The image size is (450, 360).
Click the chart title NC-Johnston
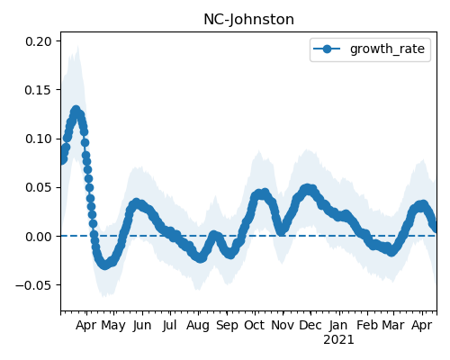[248, 20]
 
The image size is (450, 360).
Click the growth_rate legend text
[387, 49]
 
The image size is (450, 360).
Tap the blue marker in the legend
[327, 49]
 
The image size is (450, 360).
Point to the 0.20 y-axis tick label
[39, 41]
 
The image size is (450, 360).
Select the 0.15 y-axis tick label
[39, 90]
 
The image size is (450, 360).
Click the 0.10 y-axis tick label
[39, 139]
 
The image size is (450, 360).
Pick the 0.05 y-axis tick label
[39, 187]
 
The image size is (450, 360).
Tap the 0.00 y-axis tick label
[39, 237]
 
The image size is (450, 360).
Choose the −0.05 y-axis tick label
[34, 285]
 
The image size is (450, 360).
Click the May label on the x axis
[113, 326]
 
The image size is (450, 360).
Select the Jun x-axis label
[142, 326]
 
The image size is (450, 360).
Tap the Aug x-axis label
[198, 326]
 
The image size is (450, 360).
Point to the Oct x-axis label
[254, 325]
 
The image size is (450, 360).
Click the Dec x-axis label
[310, 325]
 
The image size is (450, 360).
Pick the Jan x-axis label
[338, 326]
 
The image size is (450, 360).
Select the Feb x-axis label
[367, 325]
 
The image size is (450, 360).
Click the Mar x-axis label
[393, 325]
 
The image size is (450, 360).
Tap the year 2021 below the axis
[338, 340]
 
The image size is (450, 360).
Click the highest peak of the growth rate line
[76, 110]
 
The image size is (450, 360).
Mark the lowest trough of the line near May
[104, 265]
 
